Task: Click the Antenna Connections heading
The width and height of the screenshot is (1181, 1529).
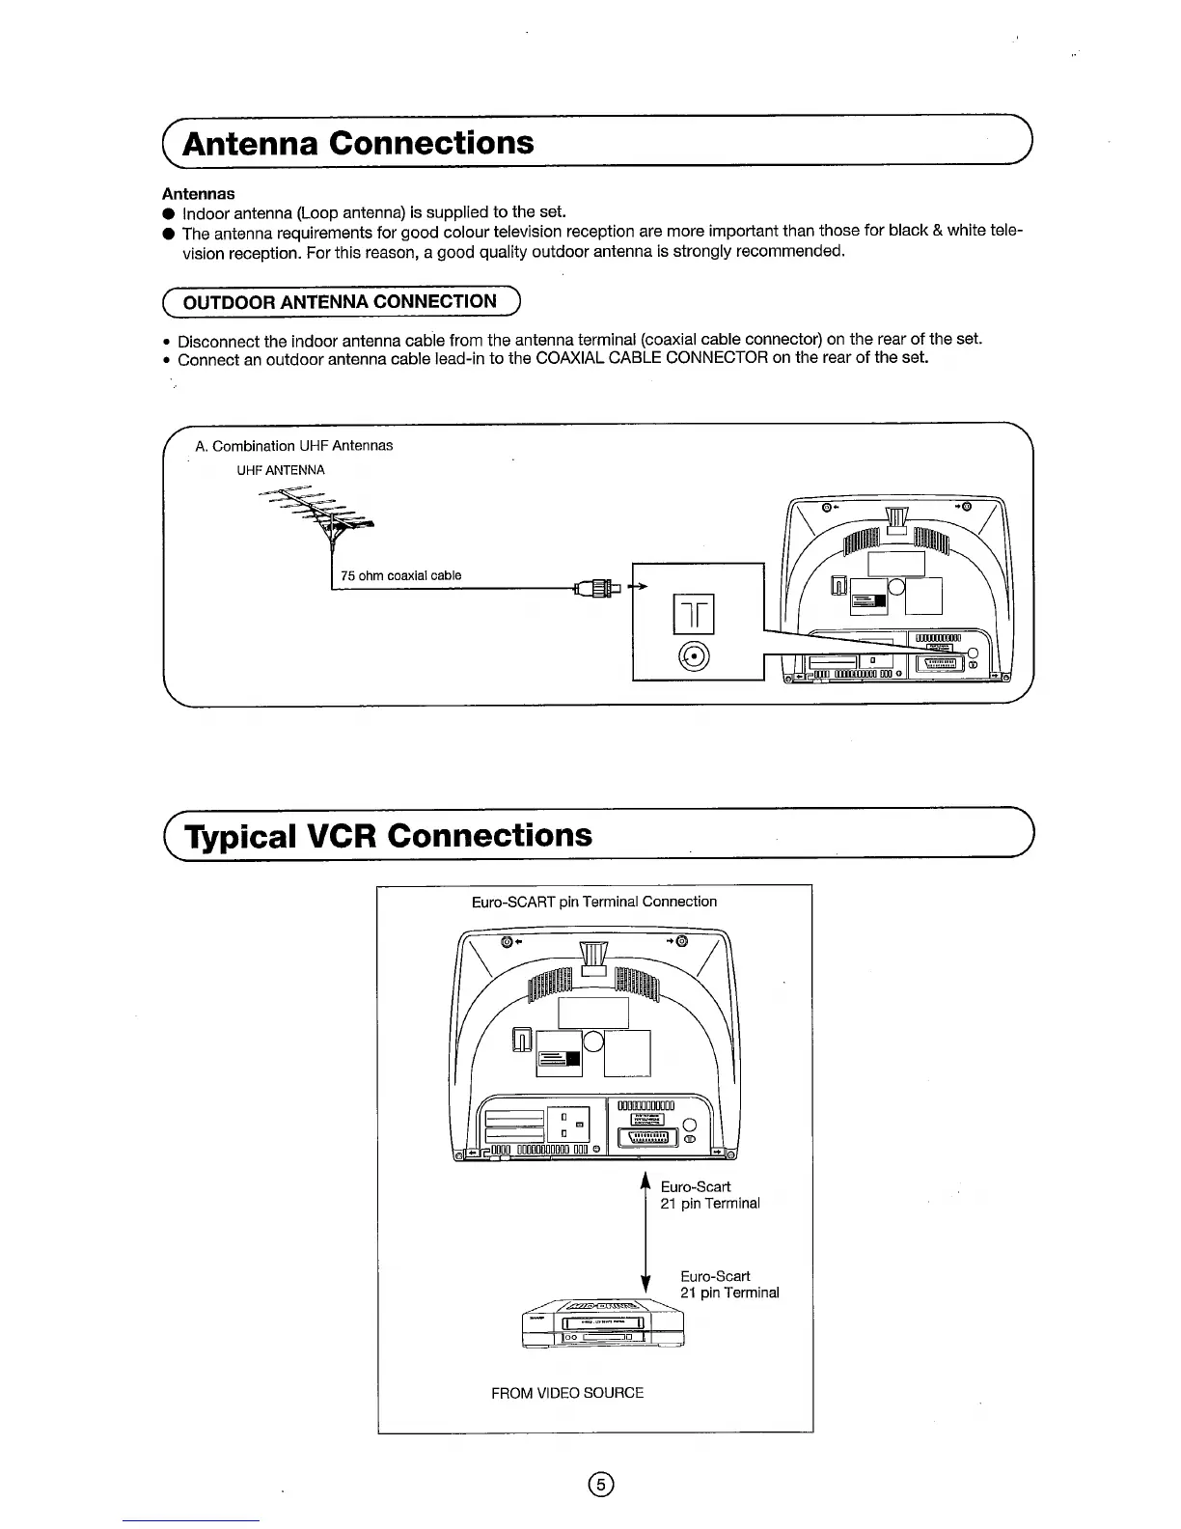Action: pos(357,143)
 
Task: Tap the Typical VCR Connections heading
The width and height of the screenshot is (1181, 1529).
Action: pos(389,835)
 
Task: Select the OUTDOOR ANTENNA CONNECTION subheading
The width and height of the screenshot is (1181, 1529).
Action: pos(340,302)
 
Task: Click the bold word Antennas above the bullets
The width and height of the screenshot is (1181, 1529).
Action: pos(198,193)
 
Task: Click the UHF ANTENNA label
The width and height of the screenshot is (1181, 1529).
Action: pos(281,470)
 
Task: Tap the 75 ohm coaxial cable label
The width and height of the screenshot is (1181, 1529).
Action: pos(400,575)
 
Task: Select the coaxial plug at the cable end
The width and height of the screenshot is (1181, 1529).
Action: pos(596,586)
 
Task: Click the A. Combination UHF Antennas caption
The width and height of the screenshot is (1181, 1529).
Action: pos(293,446)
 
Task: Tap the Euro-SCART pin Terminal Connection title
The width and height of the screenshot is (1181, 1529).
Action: pos(593,902)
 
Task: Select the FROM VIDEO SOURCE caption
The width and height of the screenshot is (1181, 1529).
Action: pos(566,1393)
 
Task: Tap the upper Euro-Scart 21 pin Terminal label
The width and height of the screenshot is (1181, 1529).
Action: pos(709,1195)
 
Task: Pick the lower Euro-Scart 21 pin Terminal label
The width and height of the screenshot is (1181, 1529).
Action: pos(728,1284)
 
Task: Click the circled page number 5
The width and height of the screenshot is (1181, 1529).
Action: pos(600,1484)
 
